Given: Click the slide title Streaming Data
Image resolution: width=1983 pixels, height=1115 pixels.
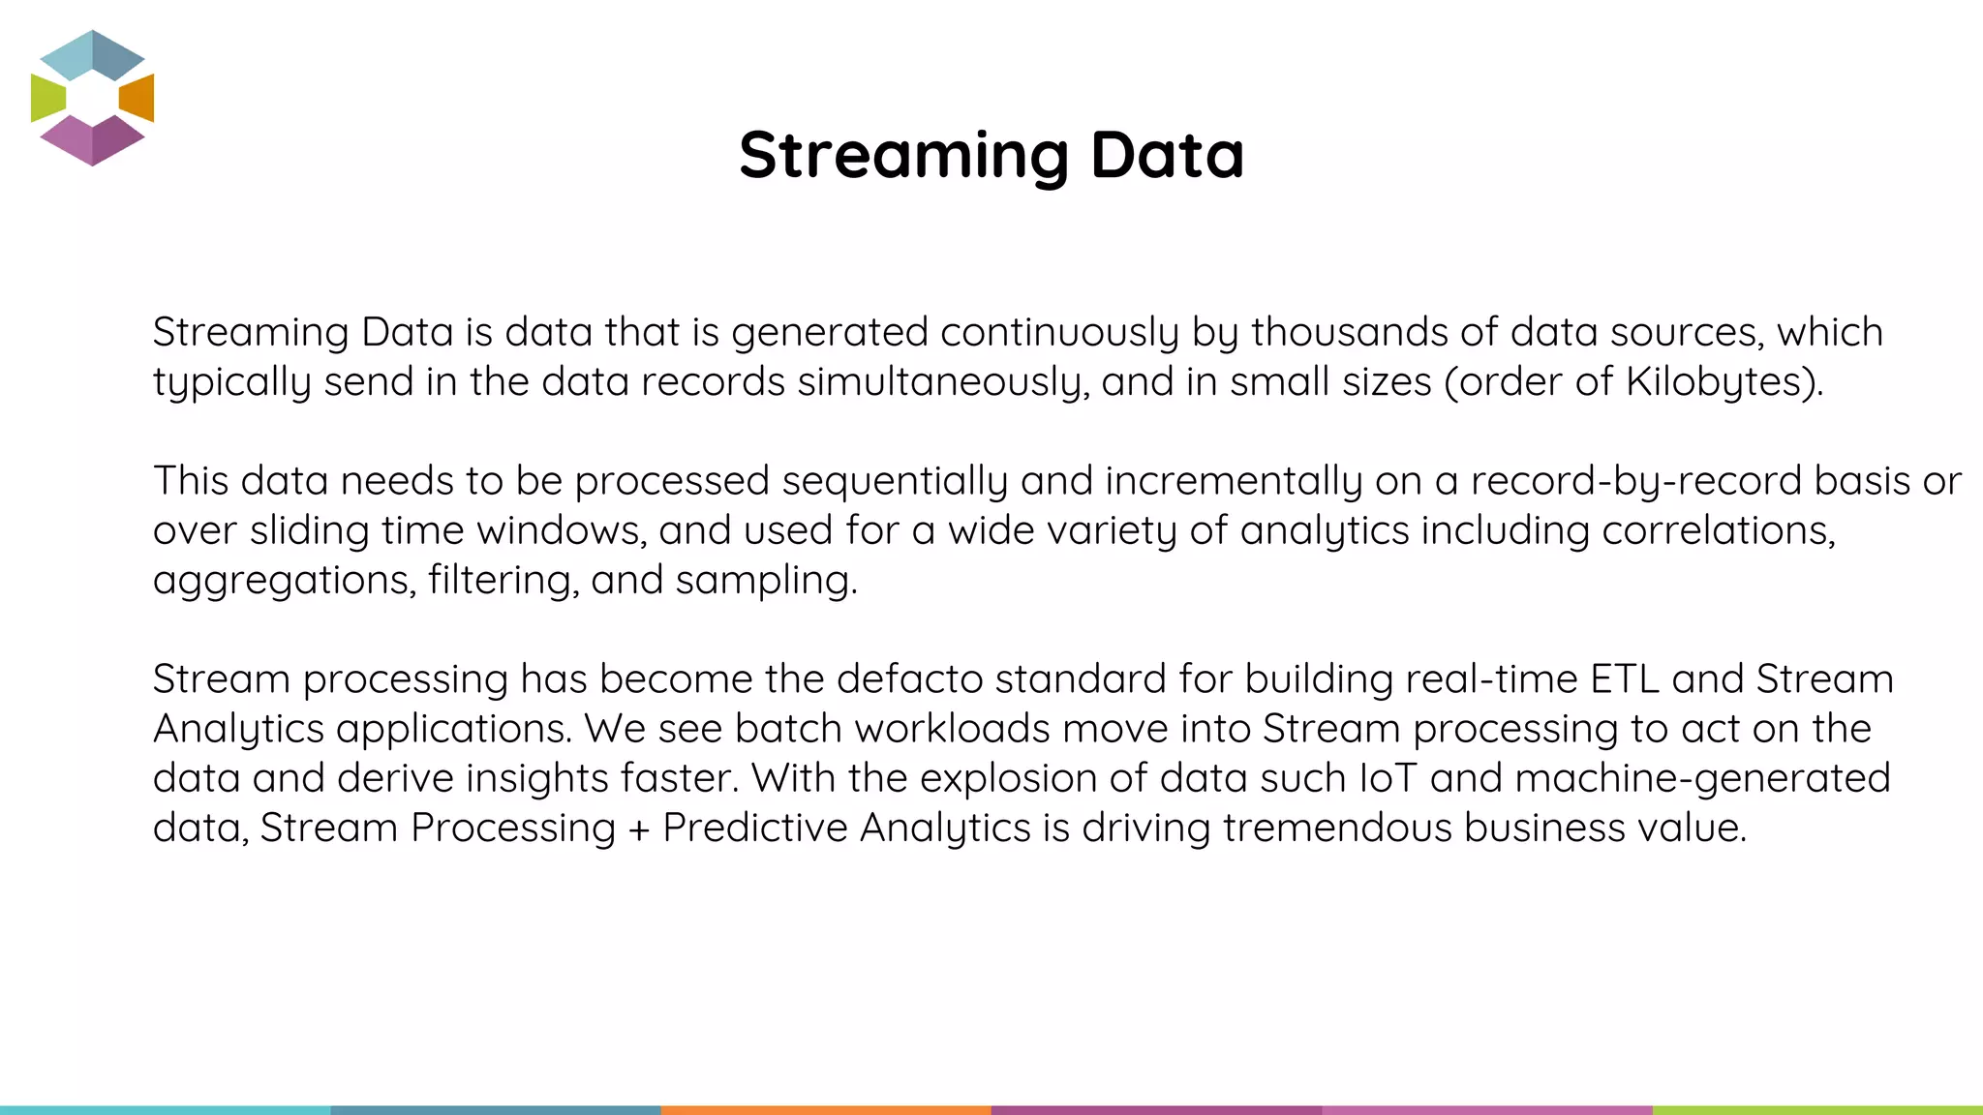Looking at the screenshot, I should point(991,155).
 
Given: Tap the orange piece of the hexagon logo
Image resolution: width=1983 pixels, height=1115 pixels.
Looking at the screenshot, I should point(137,98).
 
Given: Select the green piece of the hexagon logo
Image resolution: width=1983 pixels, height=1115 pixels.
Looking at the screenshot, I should point(47,98).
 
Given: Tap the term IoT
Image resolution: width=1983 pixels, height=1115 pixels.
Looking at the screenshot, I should point(1388,778).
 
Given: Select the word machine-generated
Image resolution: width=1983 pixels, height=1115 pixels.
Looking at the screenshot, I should point(1702,778).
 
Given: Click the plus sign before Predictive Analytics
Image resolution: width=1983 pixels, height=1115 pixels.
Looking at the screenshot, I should point(638,829).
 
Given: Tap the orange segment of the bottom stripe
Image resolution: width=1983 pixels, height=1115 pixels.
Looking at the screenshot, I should point(826,1110).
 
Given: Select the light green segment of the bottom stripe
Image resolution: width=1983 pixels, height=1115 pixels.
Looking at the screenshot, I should point(1817,1110).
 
